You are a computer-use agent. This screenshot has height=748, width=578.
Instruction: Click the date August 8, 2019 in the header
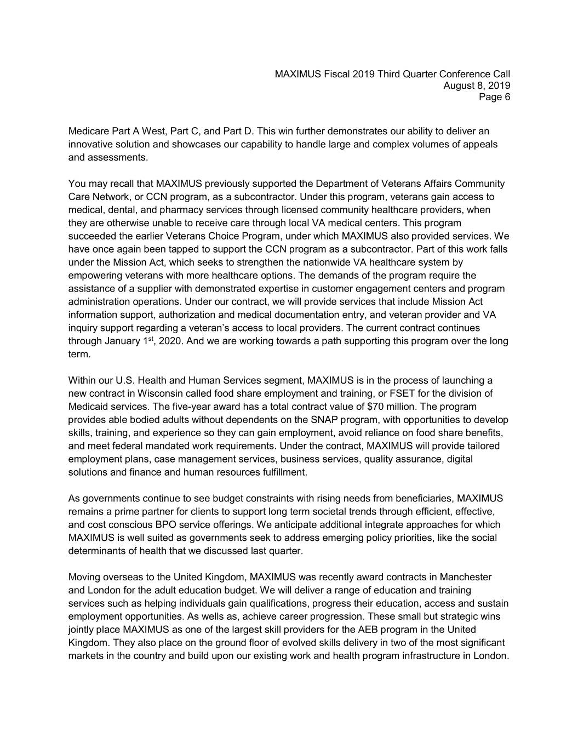pyautogui.click(x=477, y=85)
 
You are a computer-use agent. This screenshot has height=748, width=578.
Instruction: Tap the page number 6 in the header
pyautogui.click(x=507, y=97)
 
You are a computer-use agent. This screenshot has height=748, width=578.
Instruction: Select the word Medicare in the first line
pyautogui.click(x=87, y=132)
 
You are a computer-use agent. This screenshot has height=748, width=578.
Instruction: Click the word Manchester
pyautogui.click(x=465, y=577)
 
